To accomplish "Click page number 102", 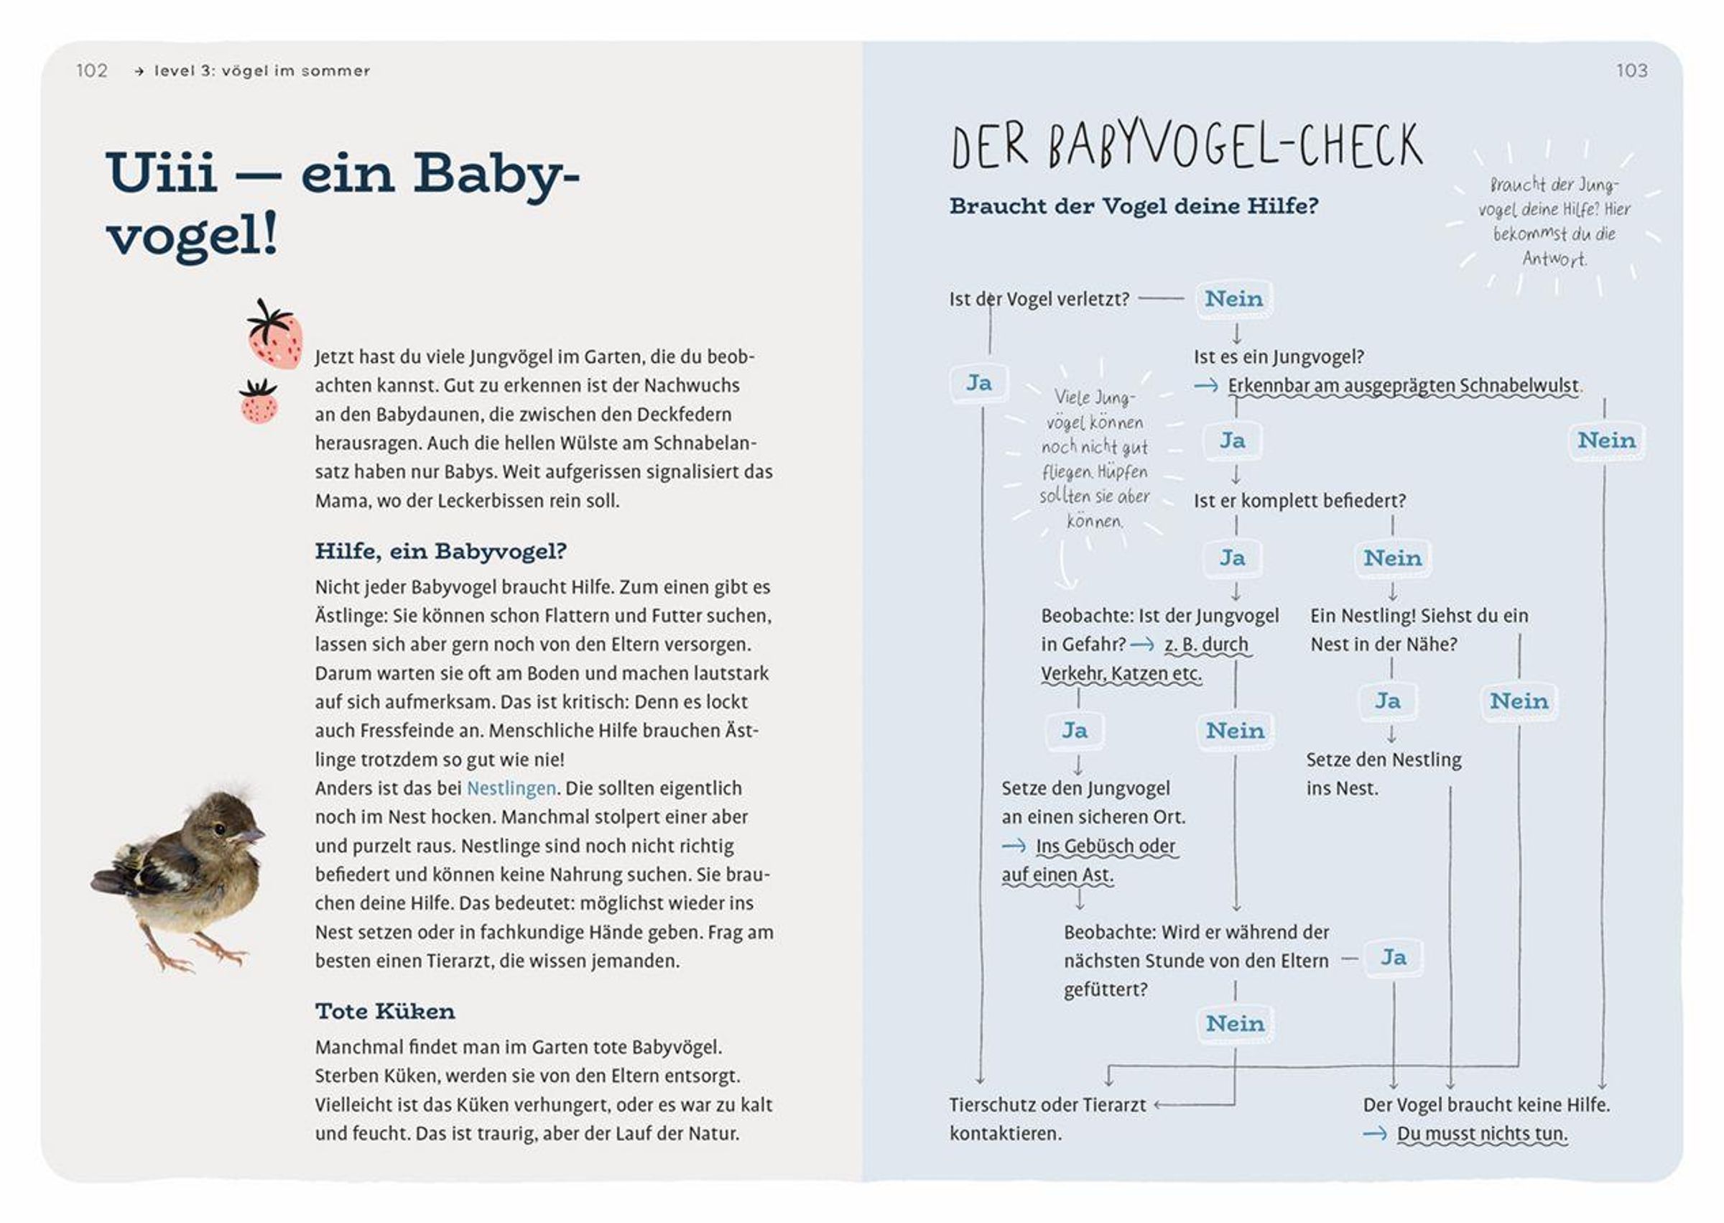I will (x=92, y=71).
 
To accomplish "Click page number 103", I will (x=1631, y=71).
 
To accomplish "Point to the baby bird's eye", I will (x=219, y=829).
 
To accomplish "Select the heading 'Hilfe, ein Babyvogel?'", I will (x=440, y=551).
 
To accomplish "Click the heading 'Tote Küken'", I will (x=385, y=1010).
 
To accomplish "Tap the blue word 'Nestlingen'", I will (x=511, y=788).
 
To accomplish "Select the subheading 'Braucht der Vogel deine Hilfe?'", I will (x=1133, y=206).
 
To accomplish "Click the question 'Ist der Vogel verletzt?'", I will (x=1039, y=299).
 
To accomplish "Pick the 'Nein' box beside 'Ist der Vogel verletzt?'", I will (x=1234, y=299).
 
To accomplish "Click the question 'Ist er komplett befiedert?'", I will (x=1299, y=500).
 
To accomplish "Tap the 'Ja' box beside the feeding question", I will (x=1394, y=957).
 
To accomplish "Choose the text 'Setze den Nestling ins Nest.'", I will (x=1383, y=773).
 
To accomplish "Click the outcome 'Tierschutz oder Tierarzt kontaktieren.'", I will (x=1047, y=1118).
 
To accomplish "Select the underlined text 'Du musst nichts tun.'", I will (x=1482, y=1133).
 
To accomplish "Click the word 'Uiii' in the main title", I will (x=162, y=173).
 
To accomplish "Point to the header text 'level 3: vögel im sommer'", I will (x=261, y=71).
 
